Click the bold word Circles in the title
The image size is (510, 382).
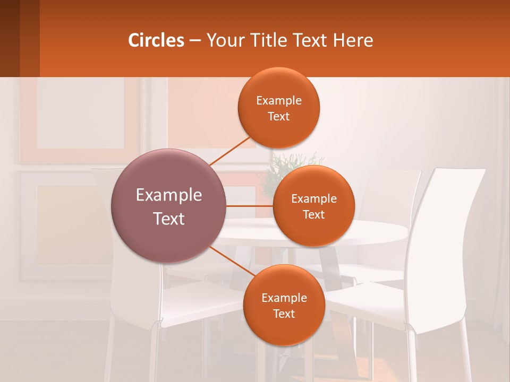click(156, 40)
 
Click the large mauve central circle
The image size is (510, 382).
click(169, 206)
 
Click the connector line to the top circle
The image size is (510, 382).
click(229, 151)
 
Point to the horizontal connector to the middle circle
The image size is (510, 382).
click(250, 206)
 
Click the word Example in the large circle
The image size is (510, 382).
click(169, 195)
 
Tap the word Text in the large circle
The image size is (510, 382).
click(169, 219)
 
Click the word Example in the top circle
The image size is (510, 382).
click(278, 101)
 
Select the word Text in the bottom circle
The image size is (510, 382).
click(284, 314)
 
